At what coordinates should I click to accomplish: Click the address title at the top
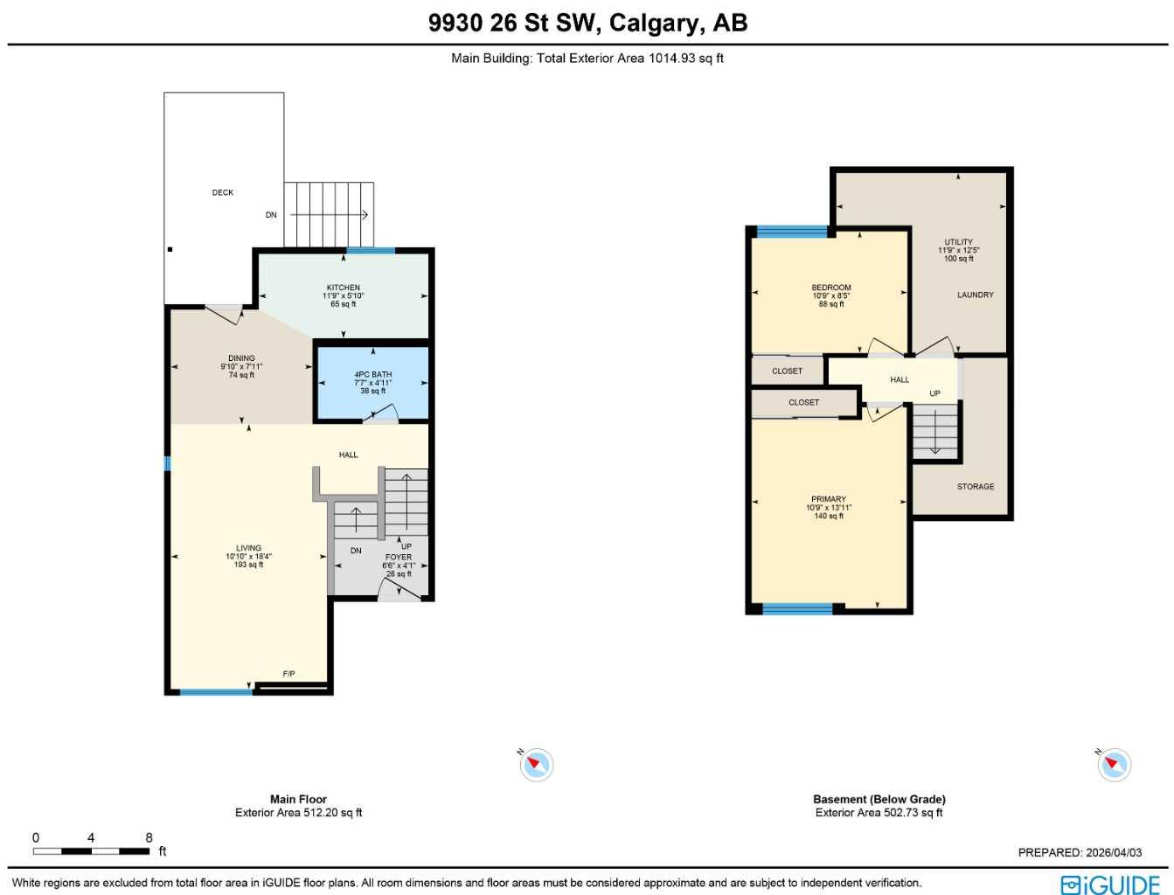point(587,23)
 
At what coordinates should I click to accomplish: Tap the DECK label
point(223,192)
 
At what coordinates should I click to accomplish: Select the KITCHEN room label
point(343,288)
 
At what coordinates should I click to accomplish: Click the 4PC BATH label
point(372,374)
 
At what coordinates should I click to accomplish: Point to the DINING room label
point(241,358)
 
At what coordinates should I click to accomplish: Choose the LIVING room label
point(248,548)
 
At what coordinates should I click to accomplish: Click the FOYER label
point(399,557)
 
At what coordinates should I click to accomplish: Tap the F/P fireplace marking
point(289,674)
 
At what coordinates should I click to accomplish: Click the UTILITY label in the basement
point(958,242)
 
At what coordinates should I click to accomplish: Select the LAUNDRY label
point(975,295)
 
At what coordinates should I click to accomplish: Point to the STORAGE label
point(975,487)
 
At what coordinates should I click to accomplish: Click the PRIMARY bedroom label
point(829,499)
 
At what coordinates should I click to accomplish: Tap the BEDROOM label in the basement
point(830,288)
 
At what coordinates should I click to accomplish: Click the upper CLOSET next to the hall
point(787,371)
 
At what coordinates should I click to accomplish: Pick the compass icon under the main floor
point(536,765)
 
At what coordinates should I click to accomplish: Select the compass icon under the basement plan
point(1114,765)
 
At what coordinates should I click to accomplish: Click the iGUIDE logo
point(1110,884)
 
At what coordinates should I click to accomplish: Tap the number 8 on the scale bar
point(149,837)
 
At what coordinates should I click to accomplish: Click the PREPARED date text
point(1080,852)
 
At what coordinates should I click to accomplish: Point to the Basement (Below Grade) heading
point(879,799)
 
